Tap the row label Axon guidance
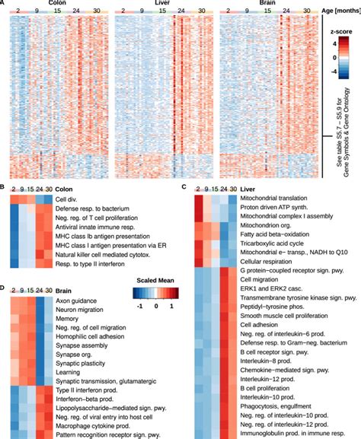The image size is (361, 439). [x=72, y=301]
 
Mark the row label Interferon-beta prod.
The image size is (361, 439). [x=82, y=399]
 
